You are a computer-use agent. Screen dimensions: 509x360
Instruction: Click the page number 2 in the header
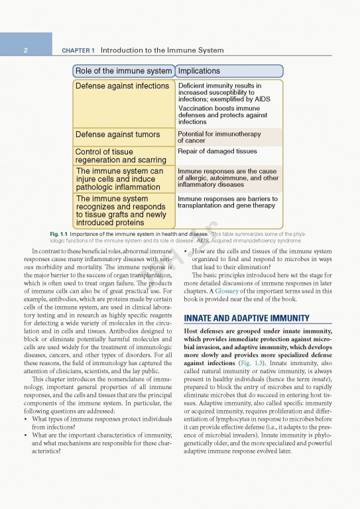pos(25,50)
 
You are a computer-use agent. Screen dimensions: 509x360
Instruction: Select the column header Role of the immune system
pos(123,71)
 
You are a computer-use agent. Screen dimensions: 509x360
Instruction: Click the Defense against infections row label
pos(122,86)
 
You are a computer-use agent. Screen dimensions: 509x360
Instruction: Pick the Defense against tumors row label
pos(117,135)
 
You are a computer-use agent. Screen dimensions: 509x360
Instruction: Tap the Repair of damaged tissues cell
pos(217,152)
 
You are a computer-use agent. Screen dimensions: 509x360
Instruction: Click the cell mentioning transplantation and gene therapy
pos(227,202)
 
